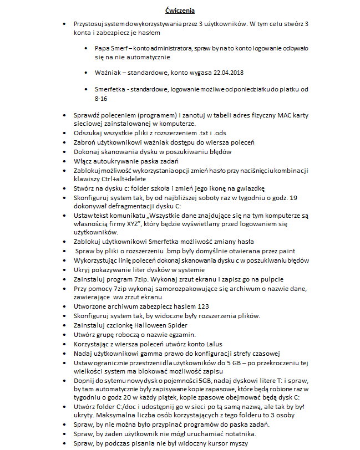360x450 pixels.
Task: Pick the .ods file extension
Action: coord(220,133)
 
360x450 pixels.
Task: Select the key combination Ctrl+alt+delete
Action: coord(113,180)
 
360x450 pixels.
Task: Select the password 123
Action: coord(203,306)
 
